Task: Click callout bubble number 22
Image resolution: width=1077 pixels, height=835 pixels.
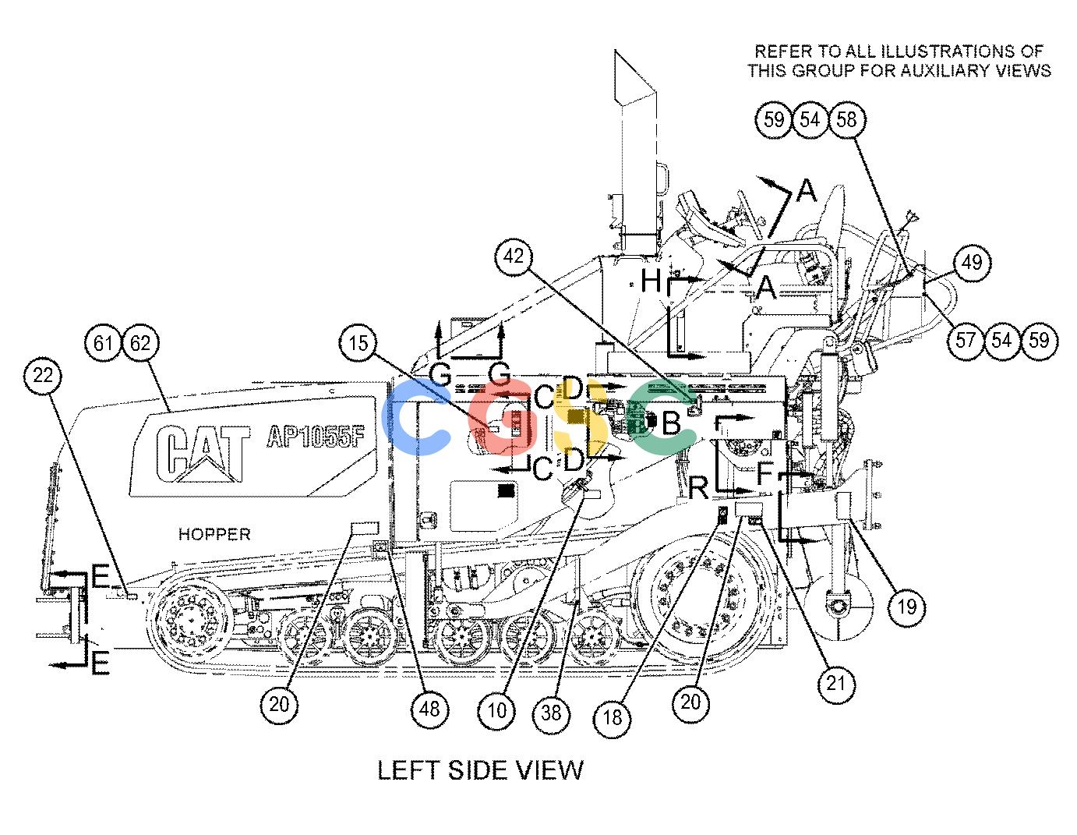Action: click(43, 375)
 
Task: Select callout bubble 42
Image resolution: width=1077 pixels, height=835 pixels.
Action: click(514, 257)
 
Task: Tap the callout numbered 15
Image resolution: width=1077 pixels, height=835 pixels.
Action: click(358, 343)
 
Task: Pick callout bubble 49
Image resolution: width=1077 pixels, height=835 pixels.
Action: click(972, 262)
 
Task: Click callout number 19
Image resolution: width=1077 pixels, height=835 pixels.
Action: click(907, 607)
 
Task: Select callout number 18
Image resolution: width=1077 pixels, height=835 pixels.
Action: click(613, 717)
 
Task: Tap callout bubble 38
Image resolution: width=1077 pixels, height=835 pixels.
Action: click(551, 713)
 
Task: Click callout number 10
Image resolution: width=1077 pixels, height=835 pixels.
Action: click(496, 711)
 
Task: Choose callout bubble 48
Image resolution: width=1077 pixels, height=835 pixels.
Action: click(429, 709)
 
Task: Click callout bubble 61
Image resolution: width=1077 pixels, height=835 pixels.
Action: click(103, 343)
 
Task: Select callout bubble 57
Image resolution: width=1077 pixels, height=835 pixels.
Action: click(965, 340)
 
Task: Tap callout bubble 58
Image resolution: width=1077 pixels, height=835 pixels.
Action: click(846, 119)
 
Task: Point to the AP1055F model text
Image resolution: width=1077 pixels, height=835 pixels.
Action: click(316, 437)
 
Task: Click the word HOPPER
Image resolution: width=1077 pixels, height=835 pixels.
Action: click(214, 535)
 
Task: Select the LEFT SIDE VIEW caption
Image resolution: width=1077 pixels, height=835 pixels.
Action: click(481, 771)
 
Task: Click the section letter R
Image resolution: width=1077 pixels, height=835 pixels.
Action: click(699, 488)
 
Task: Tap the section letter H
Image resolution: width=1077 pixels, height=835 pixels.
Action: click(651, 281)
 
